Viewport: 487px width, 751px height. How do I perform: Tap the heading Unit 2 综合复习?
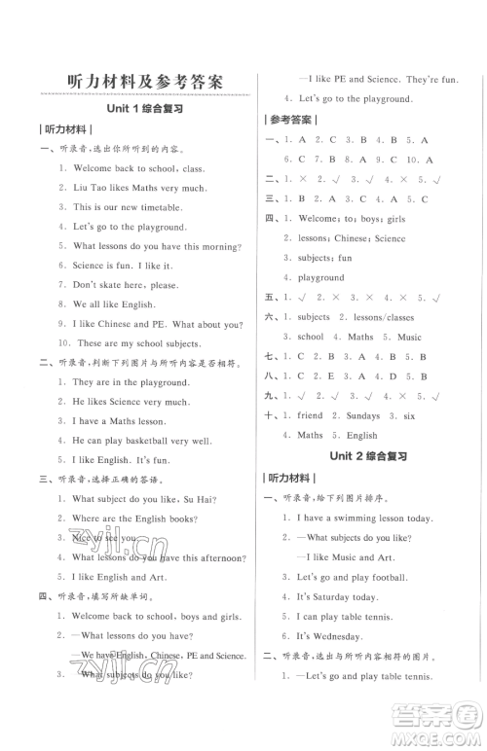pos(369,455)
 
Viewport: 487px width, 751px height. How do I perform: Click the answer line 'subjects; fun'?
pos(324,258)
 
